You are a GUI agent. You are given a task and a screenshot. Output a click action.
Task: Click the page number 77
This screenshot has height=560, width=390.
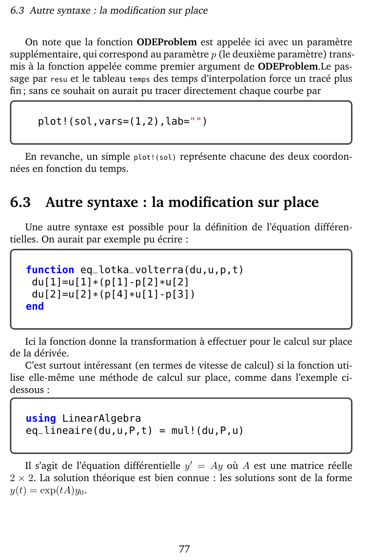[x=184, y=549]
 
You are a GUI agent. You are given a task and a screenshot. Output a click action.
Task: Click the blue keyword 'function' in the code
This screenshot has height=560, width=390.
[x=50, y=270]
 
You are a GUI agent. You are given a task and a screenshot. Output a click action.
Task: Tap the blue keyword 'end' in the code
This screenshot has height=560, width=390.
[x=35, y=306]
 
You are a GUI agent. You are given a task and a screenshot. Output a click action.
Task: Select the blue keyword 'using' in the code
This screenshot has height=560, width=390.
[x=40, y=418]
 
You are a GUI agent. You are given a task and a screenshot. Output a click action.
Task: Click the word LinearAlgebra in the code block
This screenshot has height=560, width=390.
[x=101, y=418]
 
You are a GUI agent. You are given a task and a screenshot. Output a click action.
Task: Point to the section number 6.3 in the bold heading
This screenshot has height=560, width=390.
[x=20, y=202]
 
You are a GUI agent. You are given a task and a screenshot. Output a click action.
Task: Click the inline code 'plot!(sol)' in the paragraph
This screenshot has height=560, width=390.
[x=155, y=157]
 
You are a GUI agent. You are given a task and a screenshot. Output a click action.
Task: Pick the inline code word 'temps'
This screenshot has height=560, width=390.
[x=139, y=79]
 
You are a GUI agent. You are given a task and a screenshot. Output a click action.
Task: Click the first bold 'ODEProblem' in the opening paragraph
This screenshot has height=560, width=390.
[x=167, y=42]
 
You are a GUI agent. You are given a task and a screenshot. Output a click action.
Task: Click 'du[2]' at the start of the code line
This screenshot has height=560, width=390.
[x=47, y=294]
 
